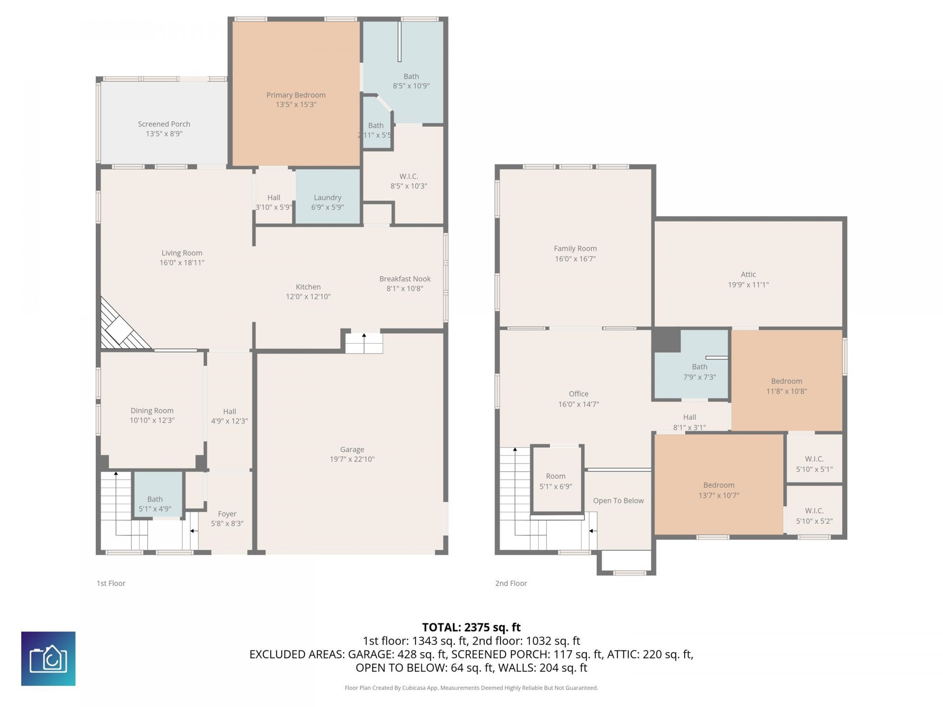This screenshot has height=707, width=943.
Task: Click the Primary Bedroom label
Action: (296, 95)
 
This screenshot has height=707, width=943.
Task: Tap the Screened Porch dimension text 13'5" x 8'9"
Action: (164, 134)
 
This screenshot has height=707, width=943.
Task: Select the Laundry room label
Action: (328, 197)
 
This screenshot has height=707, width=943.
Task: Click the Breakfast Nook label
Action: (405, 279)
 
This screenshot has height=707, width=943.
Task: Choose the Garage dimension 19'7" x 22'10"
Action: (352, 459)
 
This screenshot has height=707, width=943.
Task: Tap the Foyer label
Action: (227, 514)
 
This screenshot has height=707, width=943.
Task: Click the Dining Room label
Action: (152, 410)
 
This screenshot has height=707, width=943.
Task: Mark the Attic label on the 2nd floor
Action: (748, 274)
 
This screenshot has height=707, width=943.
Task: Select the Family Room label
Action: (575, 248)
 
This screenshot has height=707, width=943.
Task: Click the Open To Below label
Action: (618, 501)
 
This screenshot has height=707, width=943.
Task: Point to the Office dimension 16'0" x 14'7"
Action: (579, 404)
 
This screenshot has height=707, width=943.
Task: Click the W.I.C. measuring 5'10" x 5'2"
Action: (814, 511)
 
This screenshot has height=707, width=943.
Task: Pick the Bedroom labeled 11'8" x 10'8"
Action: (786, 381)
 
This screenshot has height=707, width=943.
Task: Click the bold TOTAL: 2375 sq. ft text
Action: (471, 627)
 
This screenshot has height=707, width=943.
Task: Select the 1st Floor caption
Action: (111, 583)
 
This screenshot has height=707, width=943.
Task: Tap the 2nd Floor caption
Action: (511, 583)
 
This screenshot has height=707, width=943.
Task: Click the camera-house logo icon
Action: (48, 658)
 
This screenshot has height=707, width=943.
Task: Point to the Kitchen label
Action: (308, 287)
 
